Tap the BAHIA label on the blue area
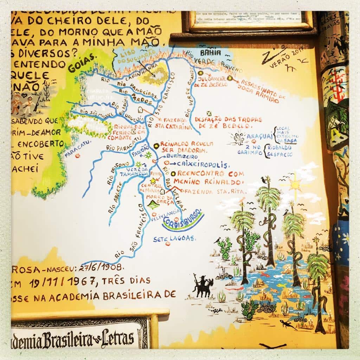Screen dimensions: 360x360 pos(210,53)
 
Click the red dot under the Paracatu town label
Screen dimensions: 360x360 pos(77,155)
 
